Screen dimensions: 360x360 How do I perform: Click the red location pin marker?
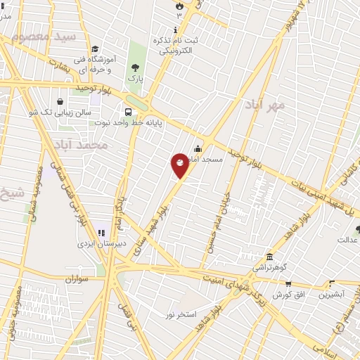point(180,165)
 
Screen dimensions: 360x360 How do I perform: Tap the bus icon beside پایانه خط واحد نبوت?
point(128,112)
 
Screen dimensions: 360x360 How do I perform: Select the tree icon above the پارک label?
point(135,67)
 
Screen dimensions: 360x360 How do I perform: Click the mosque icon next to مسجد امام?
point(198,148)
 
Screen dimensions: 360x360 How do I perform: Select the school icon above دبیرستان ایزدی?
point(101,233)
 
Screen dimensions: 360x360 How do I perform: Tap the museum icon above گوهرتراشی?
point(270,257)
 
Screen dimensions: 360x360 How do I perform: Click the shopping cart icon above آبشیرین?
point(332,284)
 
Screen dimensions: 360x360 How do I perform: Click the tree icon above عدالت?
point(358,229)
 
